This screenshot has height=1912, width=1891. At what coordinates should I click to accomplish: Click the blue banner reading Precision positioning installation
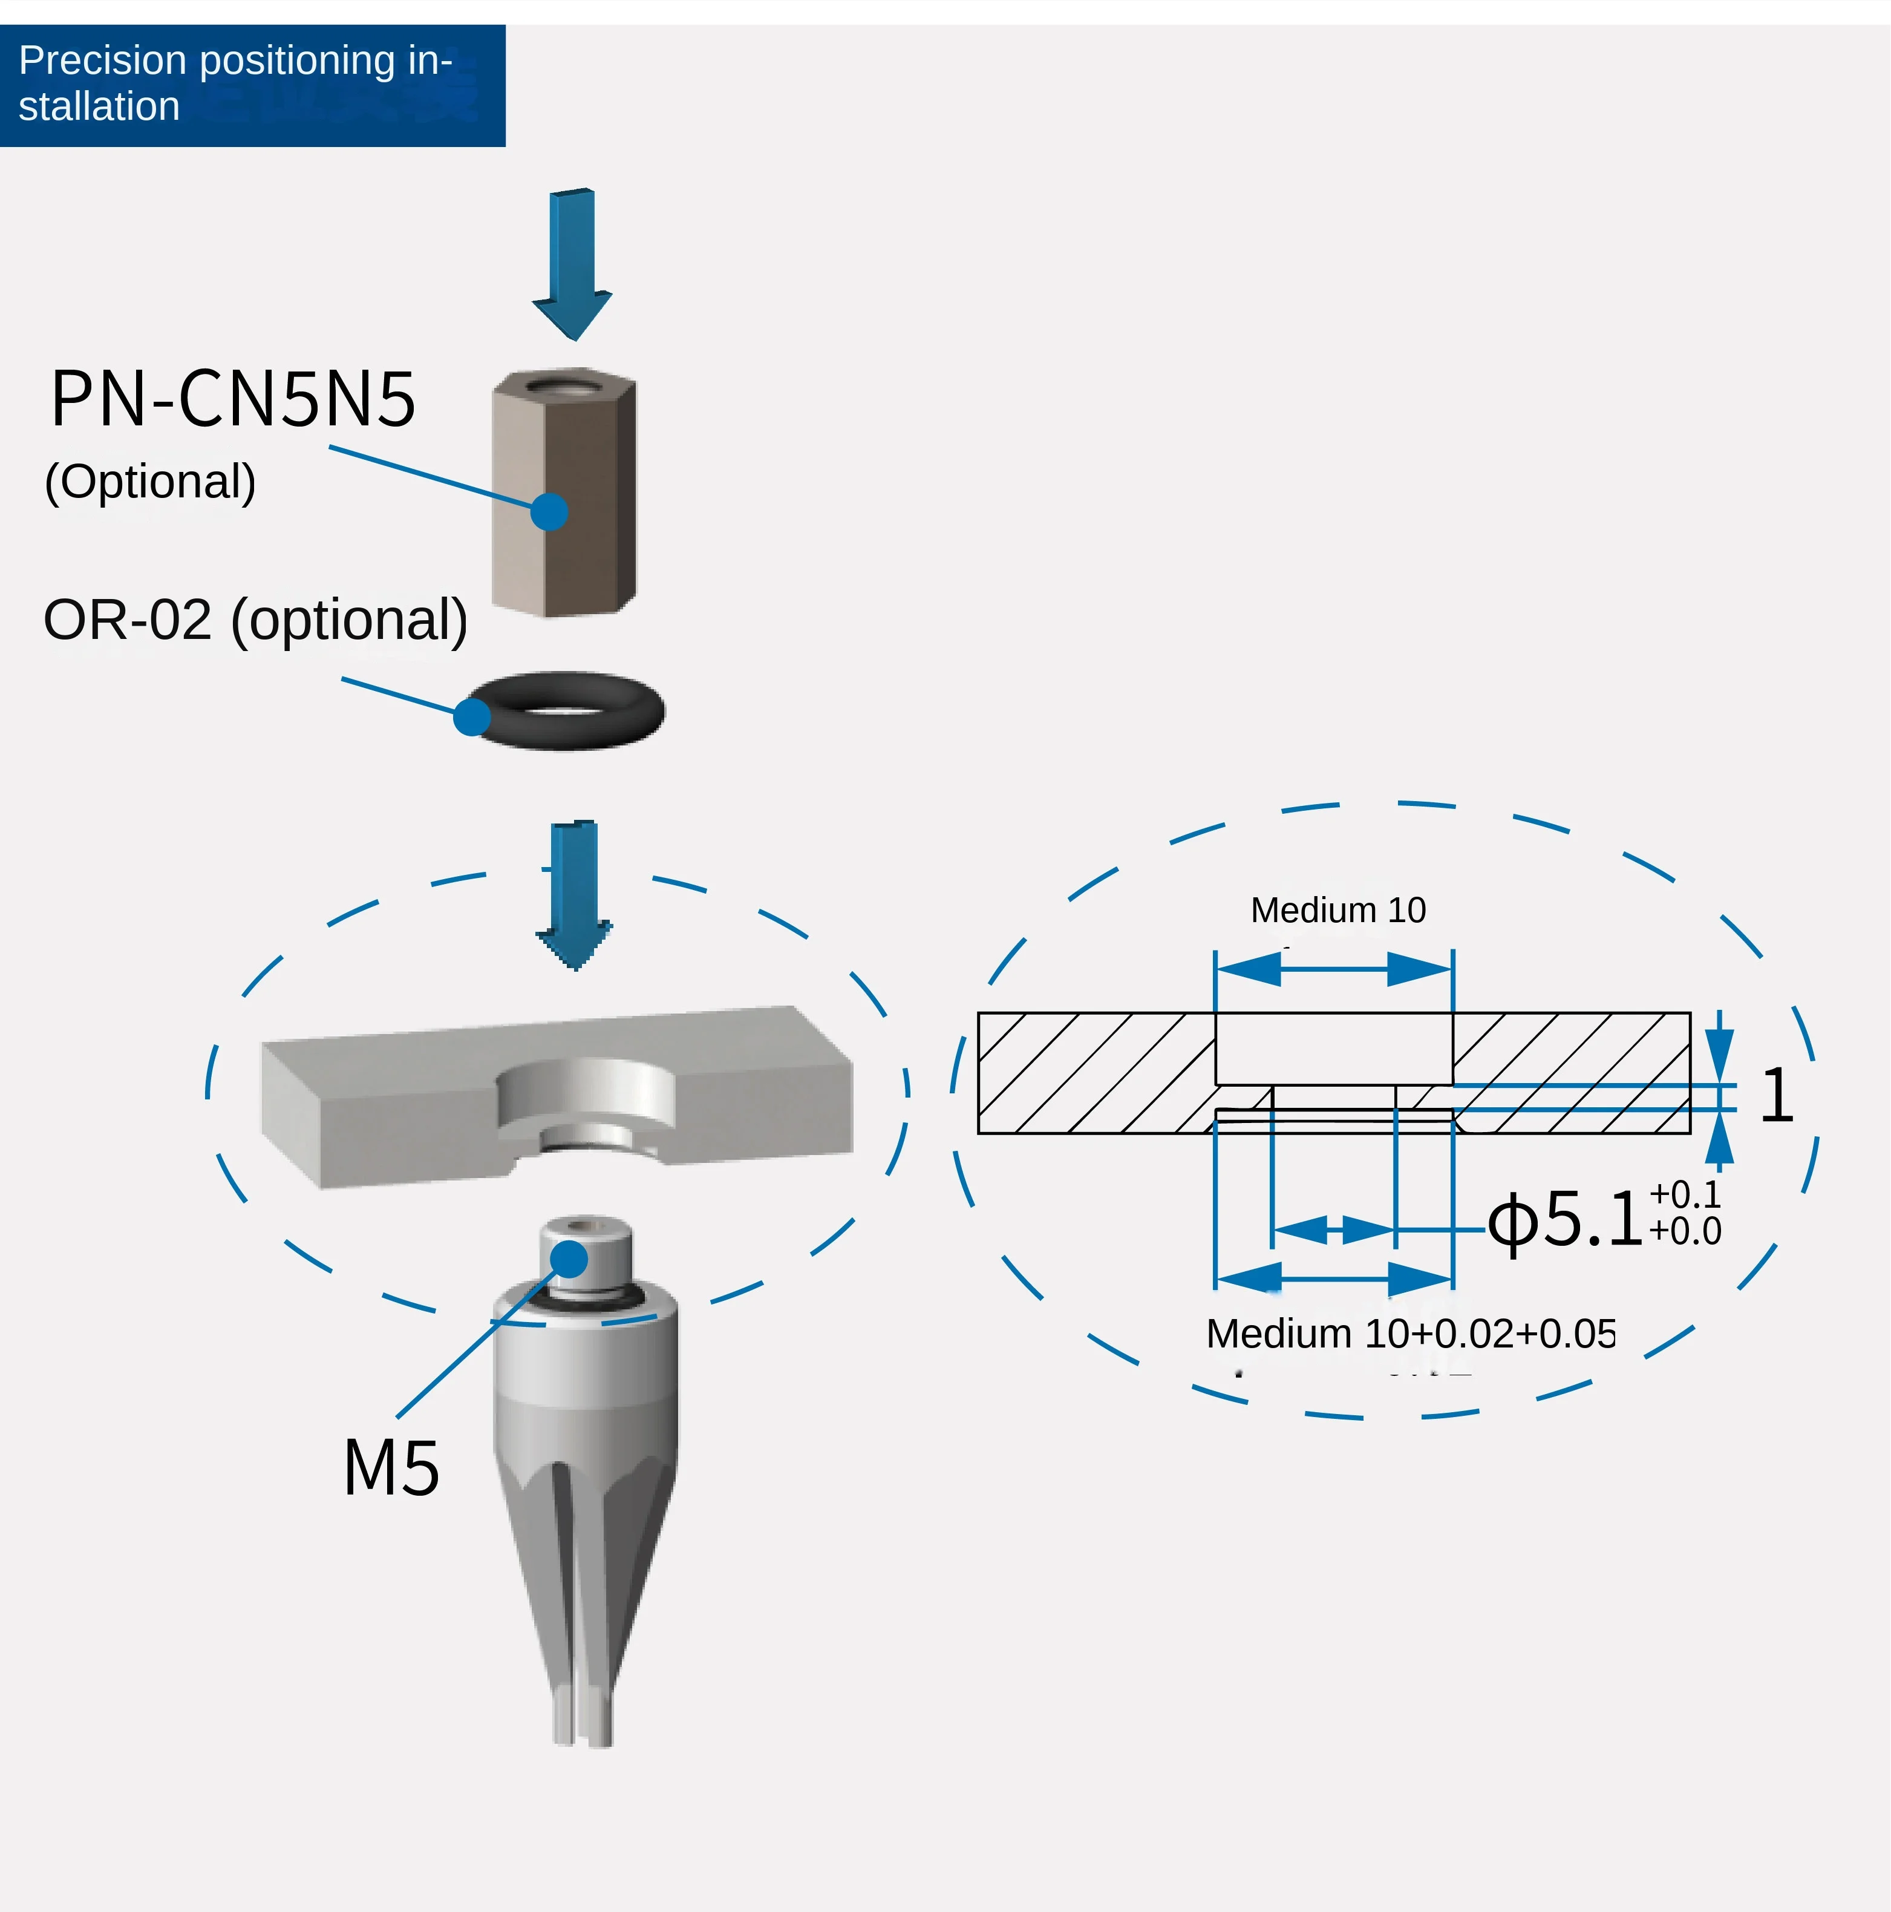click(252, 85)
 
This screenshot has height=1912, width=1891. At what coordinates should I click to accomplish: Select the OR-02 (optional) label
click(255, 621)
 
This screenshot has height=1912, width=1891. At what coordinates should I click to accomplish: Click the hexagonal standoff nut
click(564, 495)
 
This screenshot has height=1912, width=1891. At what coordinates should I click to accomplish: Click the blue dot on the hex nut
click(549, 512)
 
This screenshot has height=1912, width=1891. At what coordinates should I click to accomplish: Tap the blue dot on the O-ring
click(472, 716)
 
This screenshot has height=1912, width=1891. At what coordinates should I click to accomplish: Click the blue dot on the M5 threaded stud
click(569, 1259)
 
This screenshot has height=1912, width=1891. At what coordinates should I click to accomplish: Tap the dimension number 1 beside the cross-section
click(1776, 1096)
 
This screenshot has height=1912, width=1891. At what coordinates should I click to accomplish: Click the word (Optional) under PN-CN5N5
click(151, 482)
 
